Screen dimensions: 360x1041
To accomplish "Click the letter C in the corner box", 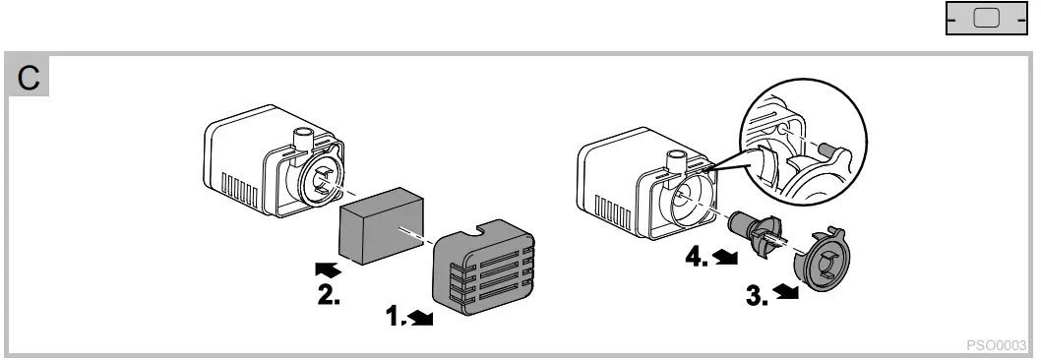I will pyautogui.click(x=30, y=79).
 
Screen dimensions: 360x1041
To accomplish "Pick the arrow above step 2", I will pyautogui.click(x=329, y=267).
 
